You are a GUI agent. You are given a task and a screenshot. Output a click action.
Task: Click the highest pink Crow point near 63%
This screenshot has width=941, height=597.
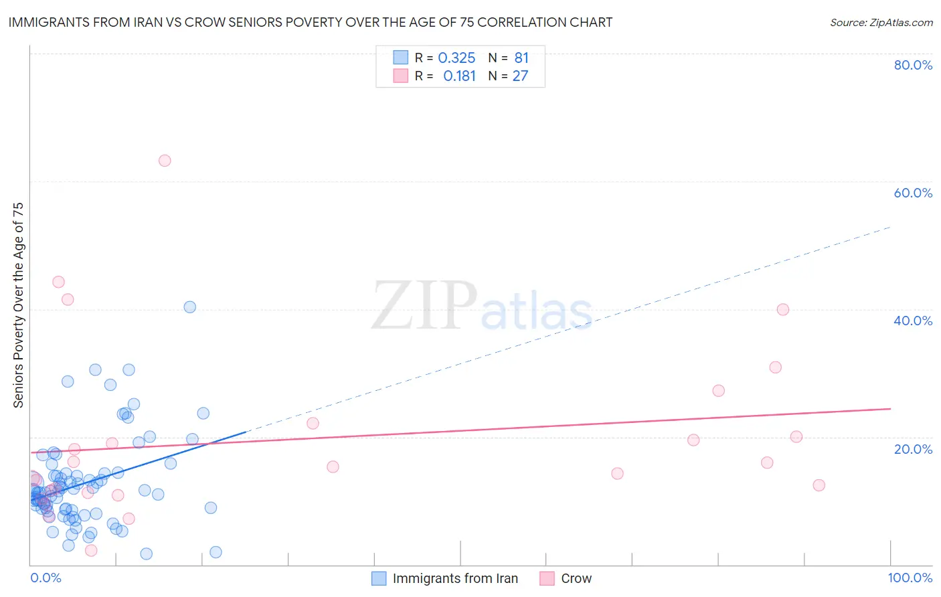pos(165,161)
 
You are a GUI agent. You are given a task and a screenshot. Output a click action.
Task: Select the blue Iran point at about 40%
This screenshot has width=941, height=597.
pos(190,307)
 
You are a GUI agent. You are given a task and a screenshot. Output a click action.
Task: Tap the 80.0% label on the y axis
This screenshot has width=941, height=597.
pos(913,65)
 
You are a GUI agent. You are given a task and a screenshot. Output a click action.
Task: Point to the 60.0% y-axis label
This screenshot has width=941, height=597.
pos(913,193)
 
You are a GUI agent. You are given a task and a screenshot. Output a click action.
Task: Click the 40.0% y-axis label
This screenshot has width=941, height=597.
pos(913,321)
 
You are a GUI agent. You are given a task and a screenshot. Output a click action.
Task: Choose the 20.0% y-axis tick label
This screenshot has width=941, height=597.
pos(913,449)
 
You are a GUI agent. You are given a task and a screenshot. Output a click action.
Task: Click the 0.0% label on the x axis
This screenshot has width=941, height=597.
pos(46,578)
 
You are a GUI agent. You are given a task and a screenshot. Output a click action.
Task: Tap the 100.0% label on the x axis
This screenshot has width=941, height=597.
pos(910,578)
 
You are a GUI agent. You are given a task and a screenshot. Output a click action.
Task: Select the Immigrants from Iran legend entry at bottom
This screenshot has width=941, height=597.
pos(455,578)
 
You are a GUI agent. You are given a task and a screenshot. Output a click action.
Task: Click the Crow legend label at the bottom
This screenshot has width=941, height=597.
pos(576,578)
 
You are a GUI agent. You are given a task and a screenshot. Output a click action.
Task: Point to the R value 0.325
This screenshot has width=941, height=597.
pos(456,58)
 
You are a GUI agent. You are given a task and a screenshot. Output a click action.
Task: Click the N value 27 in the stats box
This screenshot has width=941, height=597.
pos(520,76)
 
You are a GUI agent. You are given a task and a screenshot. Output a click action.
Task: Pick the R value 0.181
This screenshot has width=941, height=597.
pos(459,76)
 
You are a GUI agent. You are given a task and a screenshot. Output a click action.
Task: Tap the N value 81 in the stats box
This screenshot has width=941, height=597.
pos(521,58)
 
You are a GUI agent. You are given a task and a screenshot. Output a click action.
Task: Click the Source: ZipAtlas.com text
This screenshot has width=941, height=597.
pos(881,23)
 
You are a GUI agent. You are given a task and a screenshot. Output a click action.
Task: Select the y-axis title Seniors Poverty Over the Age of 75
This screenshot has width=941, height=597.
pos(19,305)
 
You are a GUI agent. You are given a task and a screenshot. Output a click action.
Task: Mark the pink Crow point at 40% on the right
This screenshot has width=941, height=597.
pos(783,309)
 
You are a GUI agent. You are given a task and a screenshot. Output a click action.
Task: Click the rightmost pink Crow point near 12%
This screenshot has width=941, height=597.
pos(819,485)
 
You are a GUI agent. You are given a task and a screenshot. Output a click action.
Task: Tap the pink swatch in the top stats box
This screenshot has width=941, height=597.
pos(400,76)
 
